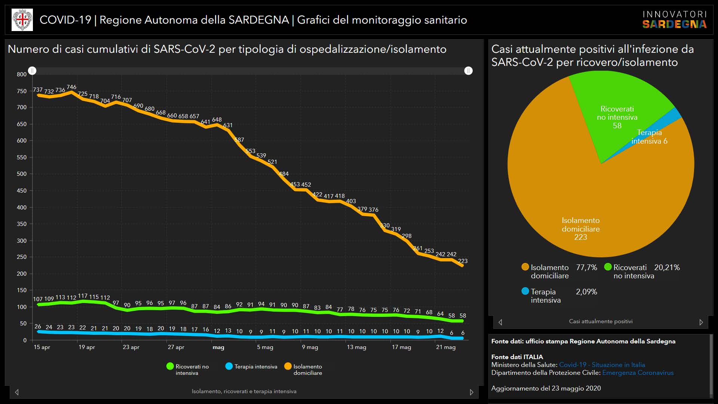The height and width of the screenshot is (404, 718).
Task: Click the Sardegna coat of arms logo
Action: (22, 20)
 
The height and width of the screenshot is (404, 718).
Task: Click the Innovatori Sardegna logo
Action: (674, 20)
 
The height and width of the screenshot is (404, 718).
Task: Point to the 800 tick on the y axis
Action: (22, 74)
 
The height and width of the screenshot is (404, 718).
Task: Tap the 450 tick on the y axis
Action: (22, 191)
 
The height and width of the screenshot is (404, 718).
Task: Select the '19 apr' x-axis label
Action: (86, 347)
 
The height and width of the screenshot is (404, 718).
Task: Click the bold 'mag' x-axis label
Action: (218, 347)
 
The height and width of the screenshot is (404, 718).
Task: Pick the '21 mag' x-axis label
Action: (446, 347)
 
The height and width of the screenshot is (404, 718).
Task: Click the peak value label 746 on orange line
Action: (71, 87)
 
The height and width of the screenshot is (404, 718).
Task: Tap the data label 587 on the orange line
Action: (239, 140)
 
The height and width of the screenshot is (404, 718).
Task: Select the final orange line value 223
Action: (463, 261)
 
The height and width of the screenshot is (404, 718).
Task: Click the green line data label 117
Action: (83, 296)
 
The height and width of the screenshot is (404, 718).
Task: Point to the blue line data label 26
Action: (38, 327)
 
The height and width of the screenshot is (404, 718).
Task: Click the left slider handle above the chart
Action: (33, 71)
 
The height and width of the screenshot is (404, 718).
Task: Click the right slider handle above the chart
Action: (468, 71)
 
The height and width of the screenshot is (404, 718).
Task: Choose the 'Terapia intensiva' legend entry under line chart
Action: (252, 367)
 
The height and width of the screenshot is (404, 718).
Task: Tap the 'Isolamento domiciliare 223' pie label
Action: (581, 229)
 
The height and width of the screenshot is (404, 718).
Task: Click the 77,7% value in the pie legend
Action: (586, 267)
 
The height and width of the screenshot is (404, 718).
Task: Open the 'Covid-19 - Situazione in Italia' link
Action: (602, 365)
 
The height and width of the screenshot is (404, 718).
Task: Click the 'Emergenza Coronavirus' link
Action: (638, 373)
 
